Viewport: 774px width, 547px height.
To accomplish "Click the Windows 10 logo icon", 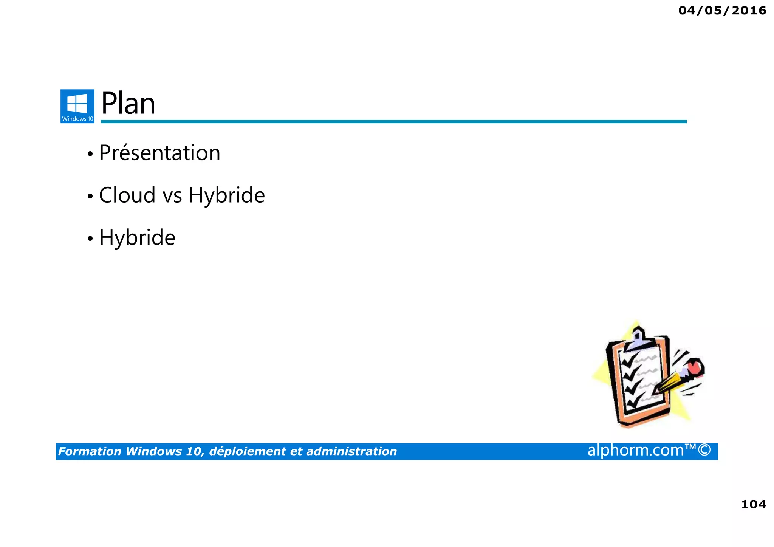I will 77,106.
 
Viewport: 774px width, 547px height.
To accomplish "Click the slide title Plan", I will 128,104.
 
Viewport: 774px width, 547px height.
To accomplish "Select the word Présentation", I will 159,153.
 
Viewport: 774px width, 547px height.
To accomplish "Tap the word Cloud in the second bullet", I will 127,195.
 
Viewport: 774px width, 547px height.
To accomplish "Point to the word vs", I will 172,196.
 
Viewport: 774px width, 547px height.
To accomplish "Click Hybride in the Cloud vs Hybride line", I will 227,195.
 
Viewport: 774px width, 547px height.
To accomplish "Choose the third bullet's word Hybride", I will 137,238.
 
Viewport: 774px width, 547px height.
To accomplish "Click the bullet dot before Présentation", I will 90,154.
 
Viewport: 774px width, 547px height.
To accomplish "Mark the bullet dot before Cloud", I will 90,197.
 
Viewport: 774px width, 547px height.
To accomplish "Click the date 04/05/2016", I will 722,11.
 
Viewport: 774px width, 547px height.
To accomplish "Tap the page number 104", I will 754,504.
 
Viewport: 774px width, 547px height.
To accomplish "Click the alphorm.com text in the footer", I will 636,450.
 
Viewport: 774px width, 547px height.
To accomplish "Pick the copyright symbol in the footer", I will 704,450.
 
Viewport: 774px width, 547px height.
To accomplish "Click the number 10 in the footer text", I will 193,451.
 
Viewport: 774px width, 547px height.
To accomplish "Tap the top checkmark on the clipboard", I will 627,361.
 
